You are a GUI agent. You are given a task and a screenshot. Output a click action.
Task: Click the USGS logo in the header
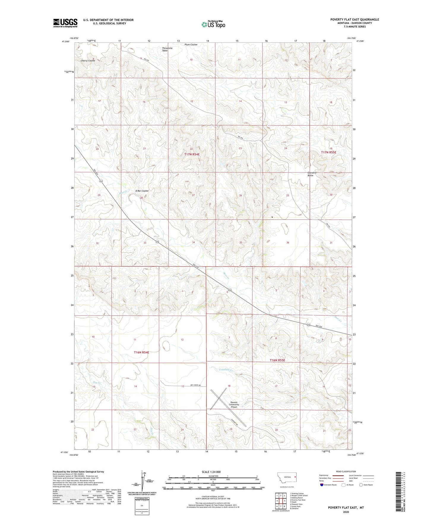coord(65,23)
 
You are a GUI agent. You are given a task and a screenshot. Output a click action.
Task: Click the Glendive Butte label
coord(312,174)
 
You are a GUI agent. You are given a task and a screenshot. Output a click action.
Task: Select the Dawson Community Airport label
coord(234,405)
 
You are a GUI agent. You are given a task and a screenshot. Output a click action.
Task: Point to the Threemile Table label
coord(167,49)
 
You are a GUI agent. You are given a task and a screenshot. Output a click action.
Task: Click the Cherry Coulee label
coord(88,61)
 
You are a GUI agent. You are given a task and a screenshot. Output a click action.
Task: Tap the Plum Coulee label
coord(191,45)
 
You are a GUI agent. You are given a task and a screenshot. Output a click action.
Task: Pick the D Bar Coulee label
coord(142,191)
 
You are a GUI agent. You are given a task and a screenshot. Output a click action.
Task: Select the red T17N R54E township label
coord(192,154)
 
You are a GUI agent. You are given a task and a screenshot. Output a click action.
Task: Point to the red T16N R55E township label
coord(277,360)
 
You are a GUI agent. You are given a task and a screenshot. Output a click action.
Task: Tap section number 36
coord(287,242)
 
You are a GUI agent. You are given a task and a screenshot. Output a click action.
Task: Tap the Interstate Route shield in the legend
coord(322,485)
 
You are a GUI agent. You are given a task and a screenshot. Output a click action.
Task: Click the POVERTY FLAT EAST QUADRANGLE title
coord(354,20)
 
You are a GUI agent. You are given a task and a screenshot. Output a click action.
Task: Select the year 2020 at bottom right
coord(346,512)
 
